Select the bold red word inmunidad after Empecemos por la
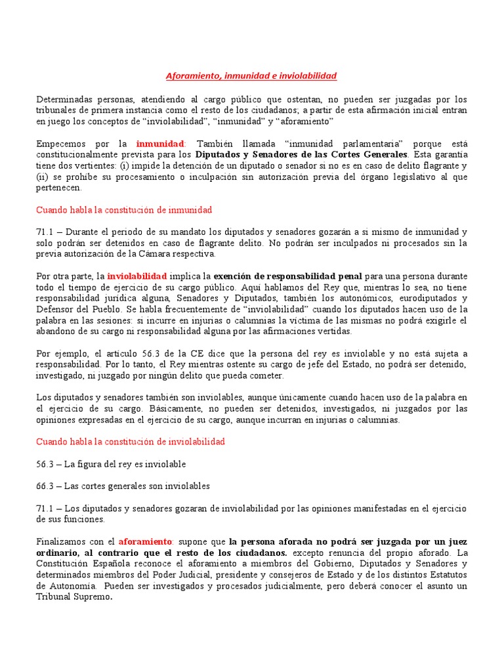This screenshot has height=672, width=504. pos(161,143)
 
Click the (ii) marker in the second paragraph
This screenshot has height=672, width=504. pos(41,177)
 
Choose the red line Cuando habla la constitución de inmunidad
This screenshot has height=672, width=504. pos(124,210)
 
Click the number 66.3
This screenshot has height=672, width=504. pos(45,486)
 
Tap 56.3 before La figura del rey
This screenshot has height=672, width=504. pos(45,465)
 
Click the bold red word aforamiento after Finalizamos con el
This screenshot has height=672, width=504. pos(145,542)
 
